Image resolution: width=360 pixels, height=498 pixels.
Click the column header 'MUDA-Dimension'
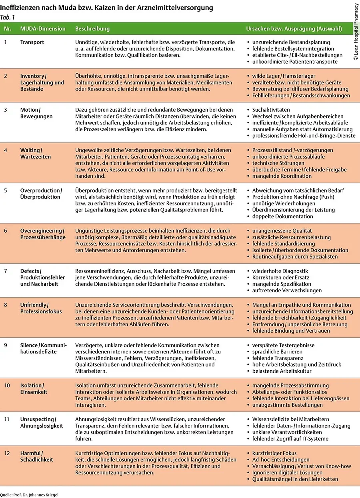[x=43, y=29]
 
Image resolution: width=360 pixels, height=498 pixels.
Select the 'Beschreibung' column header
[x=92, y=29]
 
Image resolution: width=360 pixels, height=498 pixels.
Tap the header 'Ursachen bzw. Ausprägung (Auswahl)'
[x=294, y=29]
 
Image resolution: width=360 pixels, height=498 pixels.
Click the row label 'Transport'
[x=32, y=42]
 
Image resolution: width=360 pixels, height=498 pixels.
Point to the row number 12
[x=7, y=453]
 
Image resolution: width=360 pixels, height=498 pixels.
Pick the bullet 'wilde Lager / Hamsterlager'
[x=284, y=76]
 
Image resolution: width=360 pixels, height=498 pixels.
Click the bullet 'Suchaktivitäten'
[x=271, y=110]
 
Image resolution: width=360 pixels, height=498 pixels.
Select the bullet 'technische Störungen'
[x=278, y=163]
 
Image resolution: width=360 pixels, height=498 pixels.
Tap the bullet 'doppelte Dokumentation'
[x=281, y=217]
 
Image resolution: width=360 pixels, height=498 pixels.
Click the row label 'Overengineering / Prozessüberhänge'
[x=42, y=234]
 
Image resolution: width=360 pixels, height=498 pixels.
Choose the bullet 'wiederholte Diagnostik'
[x=280, y=271]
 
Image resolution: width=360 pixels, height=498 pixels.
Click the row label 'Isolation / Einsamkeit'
[x=34, y=389]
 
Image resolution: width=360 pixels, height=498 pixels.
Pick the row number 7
[x=6, y=271]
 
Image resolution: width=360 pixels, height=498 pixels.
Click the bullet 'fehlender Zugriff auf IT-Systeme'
[x=290, y=439]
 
